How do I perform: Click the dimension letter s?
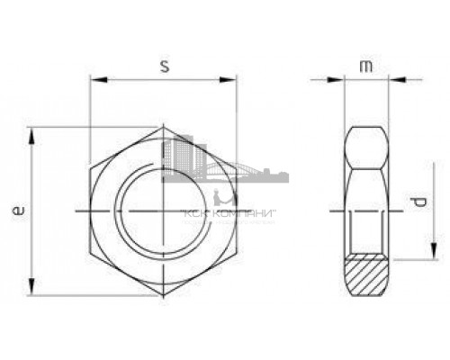(163, 67)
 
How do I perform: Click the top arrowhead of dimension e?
(32, 132)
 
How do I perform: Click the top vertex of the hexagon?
(163, 127)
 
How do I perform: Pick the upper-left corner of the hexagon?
(90, 168)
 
